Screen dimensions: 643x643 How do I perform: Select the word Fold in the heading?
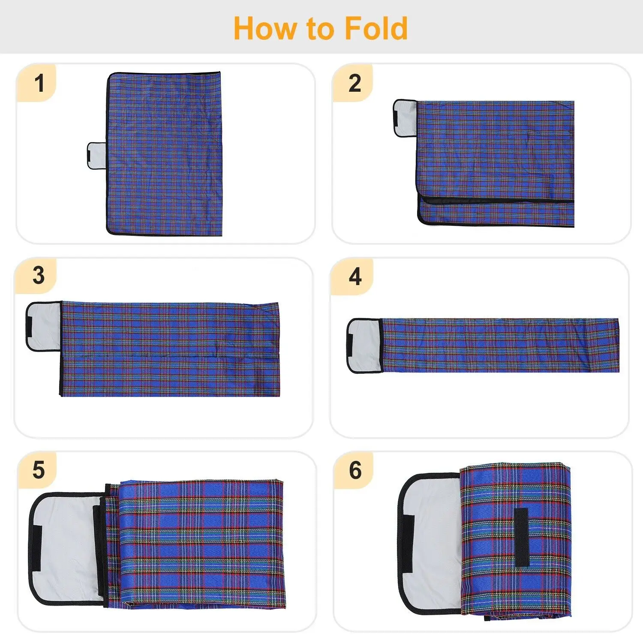376,28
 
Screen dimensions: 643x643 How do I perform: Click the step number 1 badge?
39,83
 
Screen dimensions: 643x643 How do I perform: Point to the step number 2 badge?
355,83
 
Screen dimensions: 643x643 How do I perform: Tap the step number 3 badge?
38,276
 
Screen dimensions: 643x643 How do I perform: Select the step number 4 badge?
355,276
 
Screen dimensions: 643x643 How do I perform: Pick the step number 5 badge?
38,470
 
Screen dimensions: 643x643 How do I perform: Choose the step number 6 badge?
355,470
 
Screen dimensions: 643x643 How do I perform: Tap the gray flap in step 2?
405,118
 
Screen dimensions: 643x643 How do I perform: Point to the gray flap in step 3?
44,326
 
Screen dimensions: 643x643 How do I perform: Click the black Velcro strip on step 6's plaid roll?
521,538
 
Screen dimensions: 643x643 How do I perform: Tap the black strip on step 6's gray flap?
408,543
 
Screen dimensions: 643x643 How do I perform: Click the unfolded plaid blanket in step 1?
164,153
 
